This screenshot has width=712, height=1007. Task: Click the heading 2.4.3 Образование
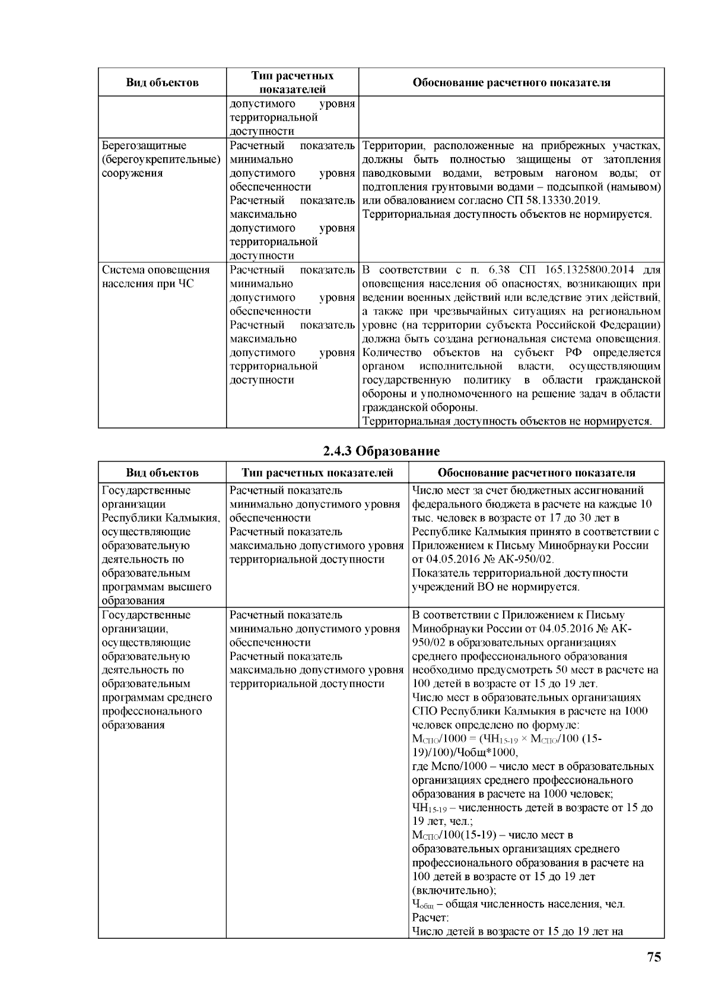click(x=381, y=451)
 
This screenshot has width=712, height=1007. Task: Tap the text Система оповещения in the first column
click(x=156, y=271)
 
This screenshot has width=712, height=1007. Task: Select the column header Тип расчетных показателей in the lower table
click(x=317, y=473)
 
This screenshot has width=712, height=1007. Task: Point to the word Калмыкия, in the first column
click(x=192, y=518)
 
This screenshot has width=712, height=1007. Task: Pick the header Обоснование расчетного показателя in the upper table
click(x=511, y=83)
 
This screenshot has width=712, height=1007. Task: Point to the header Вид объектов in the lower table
click(x=162, y=473)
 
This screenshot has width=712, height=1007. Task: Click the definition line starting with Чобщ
click(x=519, y=904)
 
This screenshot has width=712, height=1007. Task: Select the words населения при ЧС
click(x=148, y=284)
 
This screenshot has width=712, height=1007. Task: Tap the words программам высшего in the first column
click(x=157, y=587)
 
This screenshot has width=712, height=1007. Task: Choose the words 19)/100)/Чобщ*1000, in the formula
click(x=465, y=753)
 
